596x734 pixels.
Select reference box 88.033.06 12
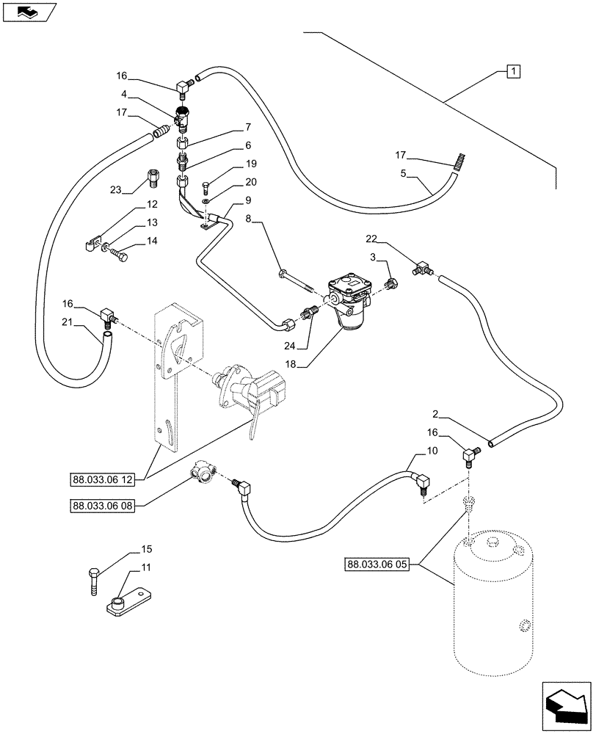click(103, 480)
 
